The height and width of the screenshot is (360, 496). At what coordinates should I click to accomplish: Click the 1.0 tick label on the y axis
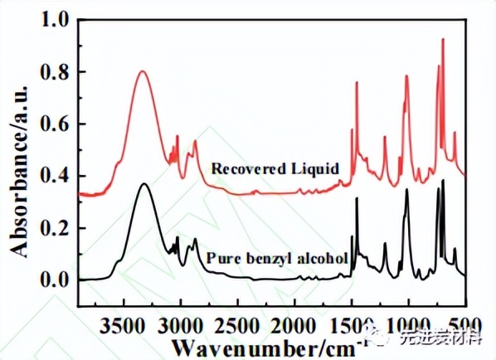coord(54,20)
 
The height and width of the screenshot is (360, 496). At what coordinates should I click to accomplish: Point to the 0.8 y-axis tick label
coord(54,72)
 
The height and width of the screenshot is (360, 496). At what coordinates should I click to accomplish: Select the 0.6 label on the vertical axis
coord(54,124)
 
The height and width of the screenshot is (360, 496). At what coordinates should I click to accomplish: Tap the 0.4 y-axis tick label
coord(54,176)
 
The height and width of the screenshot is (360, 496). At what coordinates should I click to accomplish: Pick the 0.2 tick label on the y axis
coord(54,228)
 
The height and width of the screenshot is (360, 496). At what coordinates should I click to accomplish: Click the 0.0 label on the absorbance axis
coord(54,280)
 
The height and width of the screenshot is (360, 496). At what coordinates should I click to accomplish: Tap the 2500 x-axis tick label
coord(237,326)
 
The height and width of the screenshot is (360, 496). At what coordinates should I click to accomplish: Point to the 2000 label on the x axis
coord(294,326)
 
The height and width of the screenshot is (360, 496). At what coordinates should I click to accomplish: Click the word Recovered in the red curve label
coord(248,168)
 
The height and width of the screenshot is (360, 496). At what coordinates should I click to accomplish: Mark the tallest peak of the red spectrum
coord(443,39)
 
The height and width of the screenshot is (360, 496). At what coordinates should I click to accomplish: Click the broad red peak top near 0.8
coord(143,71)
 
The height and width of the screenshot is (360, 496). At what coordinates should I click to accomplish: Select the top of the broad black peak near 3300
coord(144,183)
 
